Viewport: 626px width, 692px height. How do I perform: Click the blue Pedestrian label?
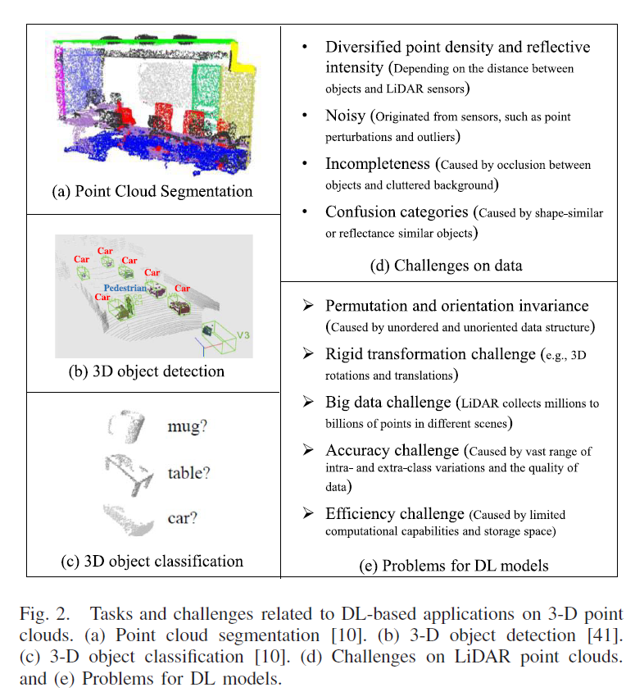point(125,288)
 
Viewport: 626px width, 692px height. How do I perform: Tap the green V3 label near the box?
point(243,335)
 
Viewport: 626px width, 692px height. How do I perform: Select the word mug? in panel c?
point(187,426)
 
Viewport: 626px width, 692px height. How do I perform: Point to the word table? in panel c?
point(188,473)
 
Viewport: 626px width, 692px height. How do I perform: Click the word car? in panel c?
point(182,518)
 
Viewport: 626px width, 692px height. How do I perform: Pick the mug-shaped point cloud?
point(127,426)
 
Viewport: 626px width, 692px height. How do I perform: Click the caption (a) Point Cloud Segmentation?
point(152,192)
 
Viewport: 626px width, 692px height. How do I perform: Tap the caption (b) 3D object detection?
point(147,371)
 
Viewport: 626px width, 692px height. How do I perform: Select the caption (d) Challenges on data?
point(446,266)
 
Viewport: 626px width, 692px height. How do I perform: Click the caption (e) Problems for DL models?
point(453,566)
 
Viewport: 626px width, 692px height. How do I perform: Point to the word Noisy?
point(346,116)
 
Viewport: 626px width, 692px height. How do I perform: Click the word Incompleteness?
point(378,164)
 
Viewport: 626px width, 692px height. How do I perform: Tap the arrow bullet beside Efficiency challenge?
point(308,512)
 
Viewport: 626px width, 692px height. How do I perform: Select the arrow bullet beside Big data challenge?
point(308,402)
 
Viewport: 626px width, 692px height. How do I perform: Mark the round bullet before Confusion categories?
point(305,212)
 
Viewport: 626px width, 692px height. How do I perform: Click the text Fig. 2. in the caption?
point(44,614)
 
